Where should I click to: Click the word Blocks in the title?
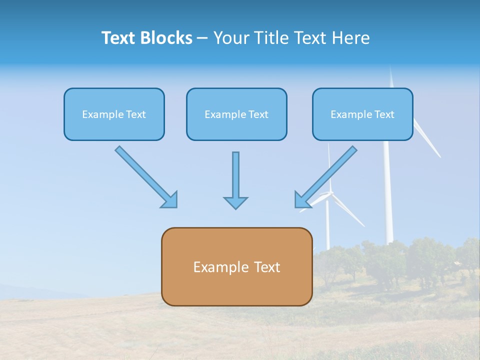pyautogui.click(x=166, y=38)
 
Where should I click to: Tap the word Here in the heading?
pyautogui.click(x=350, y=38)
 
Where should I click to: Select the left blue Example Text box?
pyautogui.click(x=114, y=114)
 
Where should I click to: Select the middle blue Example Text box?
pyautogui.click(x=236, y=114)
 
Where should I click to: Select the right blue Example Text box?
pyautogui.click(x=362, y=114)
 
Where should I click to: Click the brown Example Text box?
pyautogui.click(x=236, y=266)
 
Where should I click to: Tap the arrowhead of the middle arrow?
pyautogui.click(x=235, y=202)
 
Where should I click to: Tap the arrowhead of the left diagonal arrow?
pyautogui.click(x=170, y=200)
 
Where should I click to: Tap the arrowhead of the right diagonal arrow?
pyautogui.click(x=301, y=200)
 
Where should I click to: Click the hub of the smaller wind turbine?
pyautogui.click(x=328, y=193)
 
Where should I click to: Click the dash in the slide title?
pyautogui.click(x=202, y=38)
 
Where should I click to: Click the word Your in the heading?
pyautogui.click(x=230, y=38)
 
